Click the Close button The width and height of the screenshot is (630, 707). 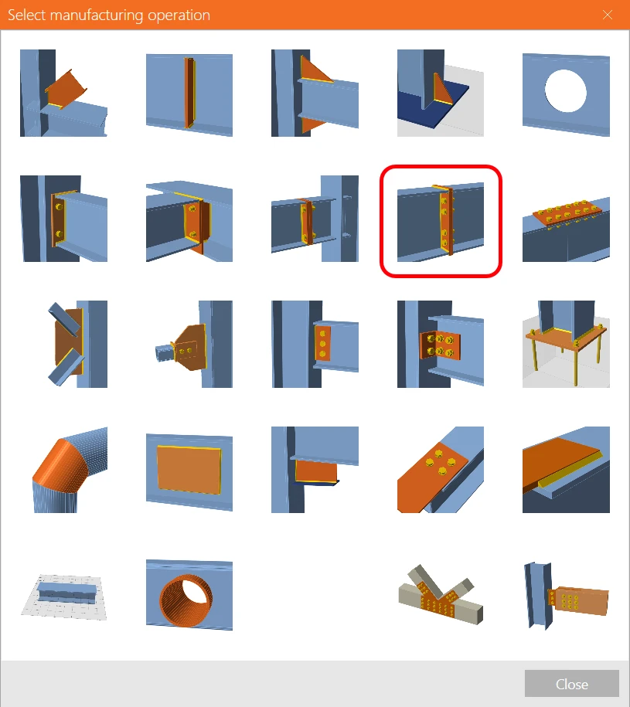(571, 684)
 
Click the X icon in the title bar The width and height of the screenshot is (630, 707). (608, 15)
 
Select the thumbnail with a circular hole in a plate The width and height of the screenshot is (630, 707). (566, 93)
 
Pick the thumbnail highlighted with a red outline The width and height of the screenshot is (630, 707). (441, 221)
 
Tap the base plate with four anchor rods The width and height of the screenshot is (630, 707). (566, 344)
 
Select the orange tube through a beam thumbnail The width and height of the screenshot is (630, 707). (189, 595)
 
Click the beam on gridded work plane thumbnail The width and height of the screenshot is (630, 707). (63, 597)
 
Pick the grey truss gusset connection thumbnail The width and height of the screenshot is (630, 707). (441, 595)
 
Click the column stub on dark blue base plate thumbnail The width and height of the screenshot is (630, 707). (441, 93)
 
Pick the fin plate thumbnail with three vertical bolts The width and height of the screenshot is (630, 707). (315, 344)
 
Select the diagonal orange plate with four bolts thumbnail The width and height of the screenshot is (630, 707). (441, 469)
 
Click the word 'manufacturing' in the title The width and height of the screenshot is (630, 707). (97, 15)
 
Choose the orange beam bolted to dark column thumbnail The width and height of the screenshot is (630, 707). (566, 596)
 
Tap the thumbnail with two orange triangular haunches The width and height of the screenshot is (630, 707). (315, 93)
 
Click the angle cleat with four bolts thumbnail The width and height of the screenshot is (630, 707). (441, 344)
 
